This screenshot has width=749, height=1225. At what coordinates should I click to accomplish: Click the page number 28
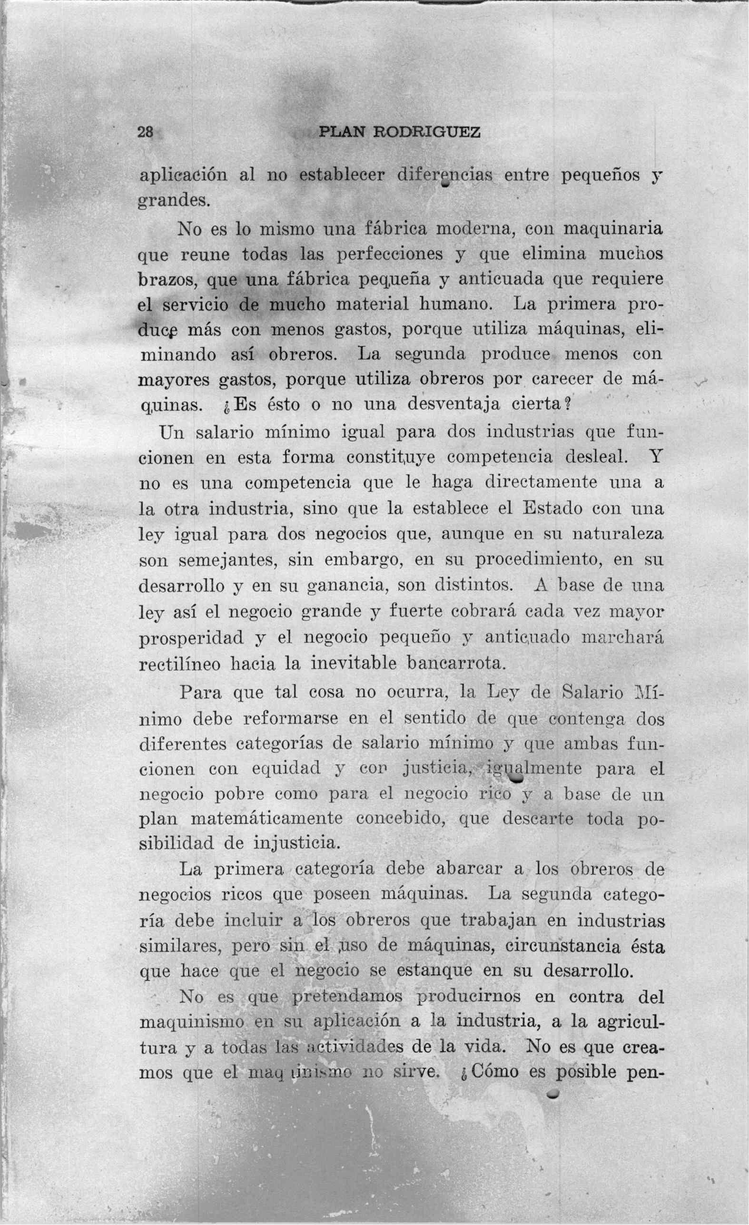145,132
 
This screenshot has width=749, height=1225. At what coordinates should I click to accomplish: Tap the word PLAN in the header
342,132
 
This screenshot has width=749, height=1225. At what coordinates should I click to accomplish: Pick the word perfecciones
390,254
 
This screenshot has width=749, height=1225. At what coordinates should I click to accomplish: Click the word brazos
168,279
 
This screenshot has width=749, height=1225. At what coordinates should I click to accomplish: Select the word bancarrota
456,664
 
